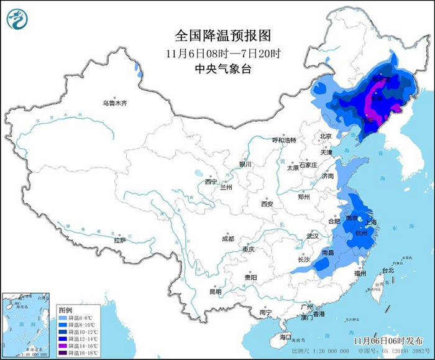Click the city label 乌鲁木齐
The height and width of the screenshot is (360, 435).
tap(115, 103)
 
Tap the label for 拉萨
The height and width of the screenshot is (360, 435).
tap(120, 239)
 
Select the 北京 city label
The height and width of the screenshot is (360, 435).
tap(326, 136)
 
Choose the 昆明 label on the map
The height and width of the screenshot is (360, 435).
tap(215, 291)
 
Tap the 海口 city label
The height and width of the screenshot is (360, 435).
tap(285, 336)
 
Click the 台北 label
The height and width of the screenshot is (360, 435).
tap(388, 271)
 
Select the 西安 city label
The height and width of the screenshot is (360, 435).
tap(267, 203)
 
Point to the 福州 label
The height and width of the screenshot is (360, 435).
tap(360, 273)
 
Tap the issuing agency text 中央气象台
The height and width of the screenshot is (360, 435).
tap(217, 68)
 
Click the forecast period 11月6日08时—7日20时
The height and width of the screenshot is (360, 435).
tap(217, 52)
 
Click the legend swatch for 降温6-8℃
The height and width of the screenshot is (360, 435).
tap(63, 318)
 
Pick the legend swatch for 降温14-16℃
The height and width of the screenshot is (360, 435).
tap(63, 346)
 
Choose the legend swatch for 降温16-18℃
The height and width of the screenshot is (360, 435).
tap(63, 353)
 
